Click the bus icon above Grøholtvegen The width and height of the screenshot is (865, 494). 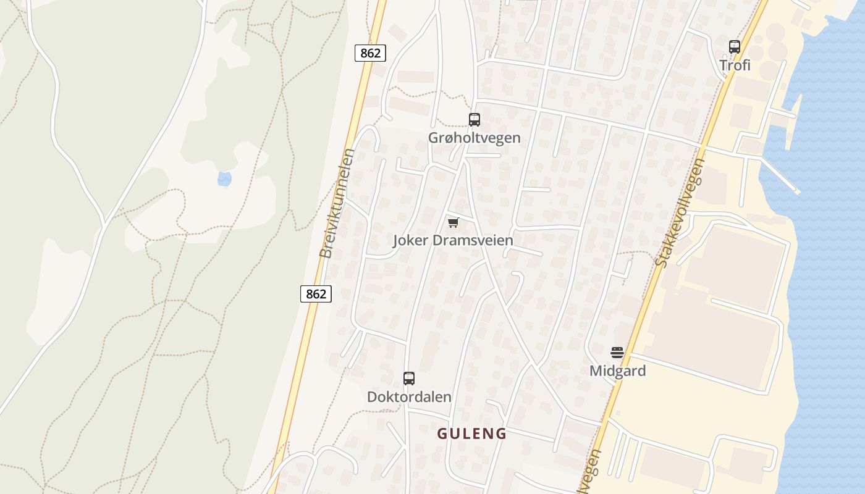(475, 120)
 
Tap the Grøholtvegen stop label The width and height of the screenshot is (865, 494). (475, 138)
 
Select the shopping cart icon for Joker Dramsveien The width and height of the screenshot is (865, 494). (454, 222)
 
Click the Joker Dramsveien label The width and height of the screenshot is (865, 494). (453, 240)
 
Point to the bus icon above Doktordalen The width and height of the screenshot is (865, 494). (409, 379)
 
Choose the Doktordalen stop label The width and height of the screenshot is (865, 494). (409, 397)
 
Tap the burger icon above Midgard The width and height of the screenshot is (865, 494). (617, 353)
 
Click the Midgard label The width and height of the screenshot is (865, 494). (617, 371)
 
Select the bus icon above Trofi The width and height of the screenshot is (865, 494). (735, 46)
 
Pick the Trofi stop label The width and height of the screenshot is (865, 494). (735, 65)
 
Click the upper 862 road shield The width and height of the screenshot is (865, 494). (370, 53)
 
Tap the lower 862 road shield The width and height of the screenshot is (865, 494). (316, 294)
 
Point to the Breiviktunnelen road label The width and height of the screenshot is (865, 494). (335, 203)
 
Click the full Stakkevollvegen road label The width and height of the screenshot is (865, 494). (680, 213)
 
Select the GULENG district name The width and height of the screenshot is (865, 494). (472, 433)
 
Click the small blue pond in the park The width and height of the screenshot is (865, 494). (224, 179)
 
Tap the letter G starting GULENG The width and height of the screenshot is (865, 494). (442, 433)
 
